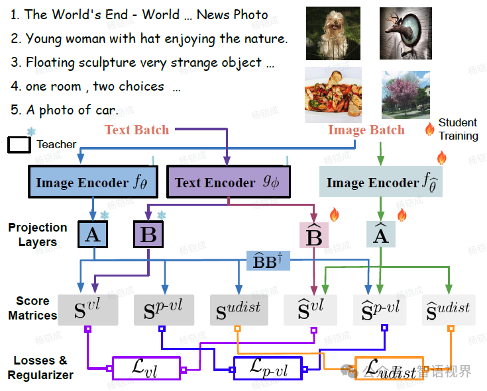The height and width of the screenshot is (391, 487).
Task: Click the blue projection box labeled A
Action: point(93,234)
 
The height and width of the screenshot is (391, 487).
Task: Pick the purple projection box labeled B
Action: point(149,235)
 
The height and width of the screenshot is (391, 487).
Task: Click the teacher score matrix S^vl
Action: point(88,309)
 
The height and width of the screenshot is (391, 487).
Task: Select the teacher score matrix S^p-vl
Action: point(163,309)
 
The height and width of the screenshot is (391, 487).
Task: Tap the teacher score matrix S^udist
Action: point(239,309)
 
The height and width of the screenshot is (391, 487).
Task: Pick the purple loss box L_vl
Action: point(146,368)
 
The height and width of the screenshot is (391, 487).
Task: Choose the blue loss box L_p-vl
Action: point(268,369)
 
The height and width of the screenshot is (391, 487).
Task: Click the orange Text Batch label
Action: point(136,130)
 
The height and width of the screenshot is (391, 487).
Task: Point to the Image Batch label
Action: point(366,130)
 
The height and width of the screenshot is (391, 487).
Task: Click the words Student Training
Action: point(458,129)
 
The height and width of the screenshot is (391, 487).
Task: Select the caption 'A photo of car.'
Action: point(64,110)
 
